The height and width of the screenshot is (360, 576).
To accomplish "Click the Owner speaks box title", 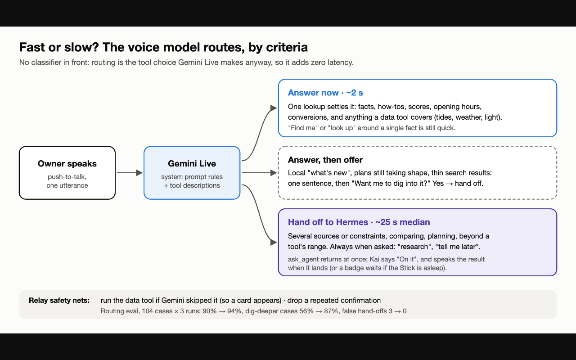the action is coord(67,163).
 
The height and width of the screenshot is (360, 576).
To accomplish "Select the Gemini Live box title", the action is coord(192,163).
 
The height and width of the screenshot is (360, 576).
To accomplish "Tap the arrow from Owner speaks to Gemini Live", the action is coord(130,173).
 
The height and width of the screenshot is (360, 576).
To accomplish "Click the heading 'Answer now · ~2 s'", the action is coord(325,93).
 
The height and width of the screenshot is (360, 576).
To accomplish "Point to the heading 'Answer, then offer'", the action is coord(325,160).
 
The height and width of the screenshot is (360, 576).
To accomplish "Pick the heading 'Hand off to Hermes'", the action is coord(328,222).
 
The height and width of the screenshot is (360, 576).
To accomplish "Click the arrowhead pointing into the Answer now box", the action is coord(274,108).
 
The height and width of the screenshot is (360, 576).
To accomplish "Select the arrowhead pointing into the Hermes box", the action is coord(274,242).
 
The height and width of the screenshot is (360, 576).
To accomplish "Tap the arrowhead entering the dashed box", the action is coord(274,173).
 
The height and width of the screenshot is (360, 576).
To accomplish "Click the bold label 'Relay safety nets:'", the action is coord(59,300).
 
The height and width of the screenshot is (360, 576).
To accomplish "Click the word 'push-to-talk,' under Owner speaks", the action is coord(67,177).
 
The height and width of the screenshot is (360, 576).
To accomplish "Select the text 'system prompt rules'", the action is coord(192,177).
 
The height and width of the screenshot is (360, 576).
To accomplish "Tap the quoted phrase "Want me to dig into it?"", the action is coord(391,183).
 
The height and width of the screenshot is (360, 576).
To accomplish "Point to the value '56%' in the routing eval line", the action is coord(306,311).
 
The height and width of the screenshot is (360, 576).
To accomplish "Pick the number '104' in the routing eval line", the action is coord(148,311).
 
